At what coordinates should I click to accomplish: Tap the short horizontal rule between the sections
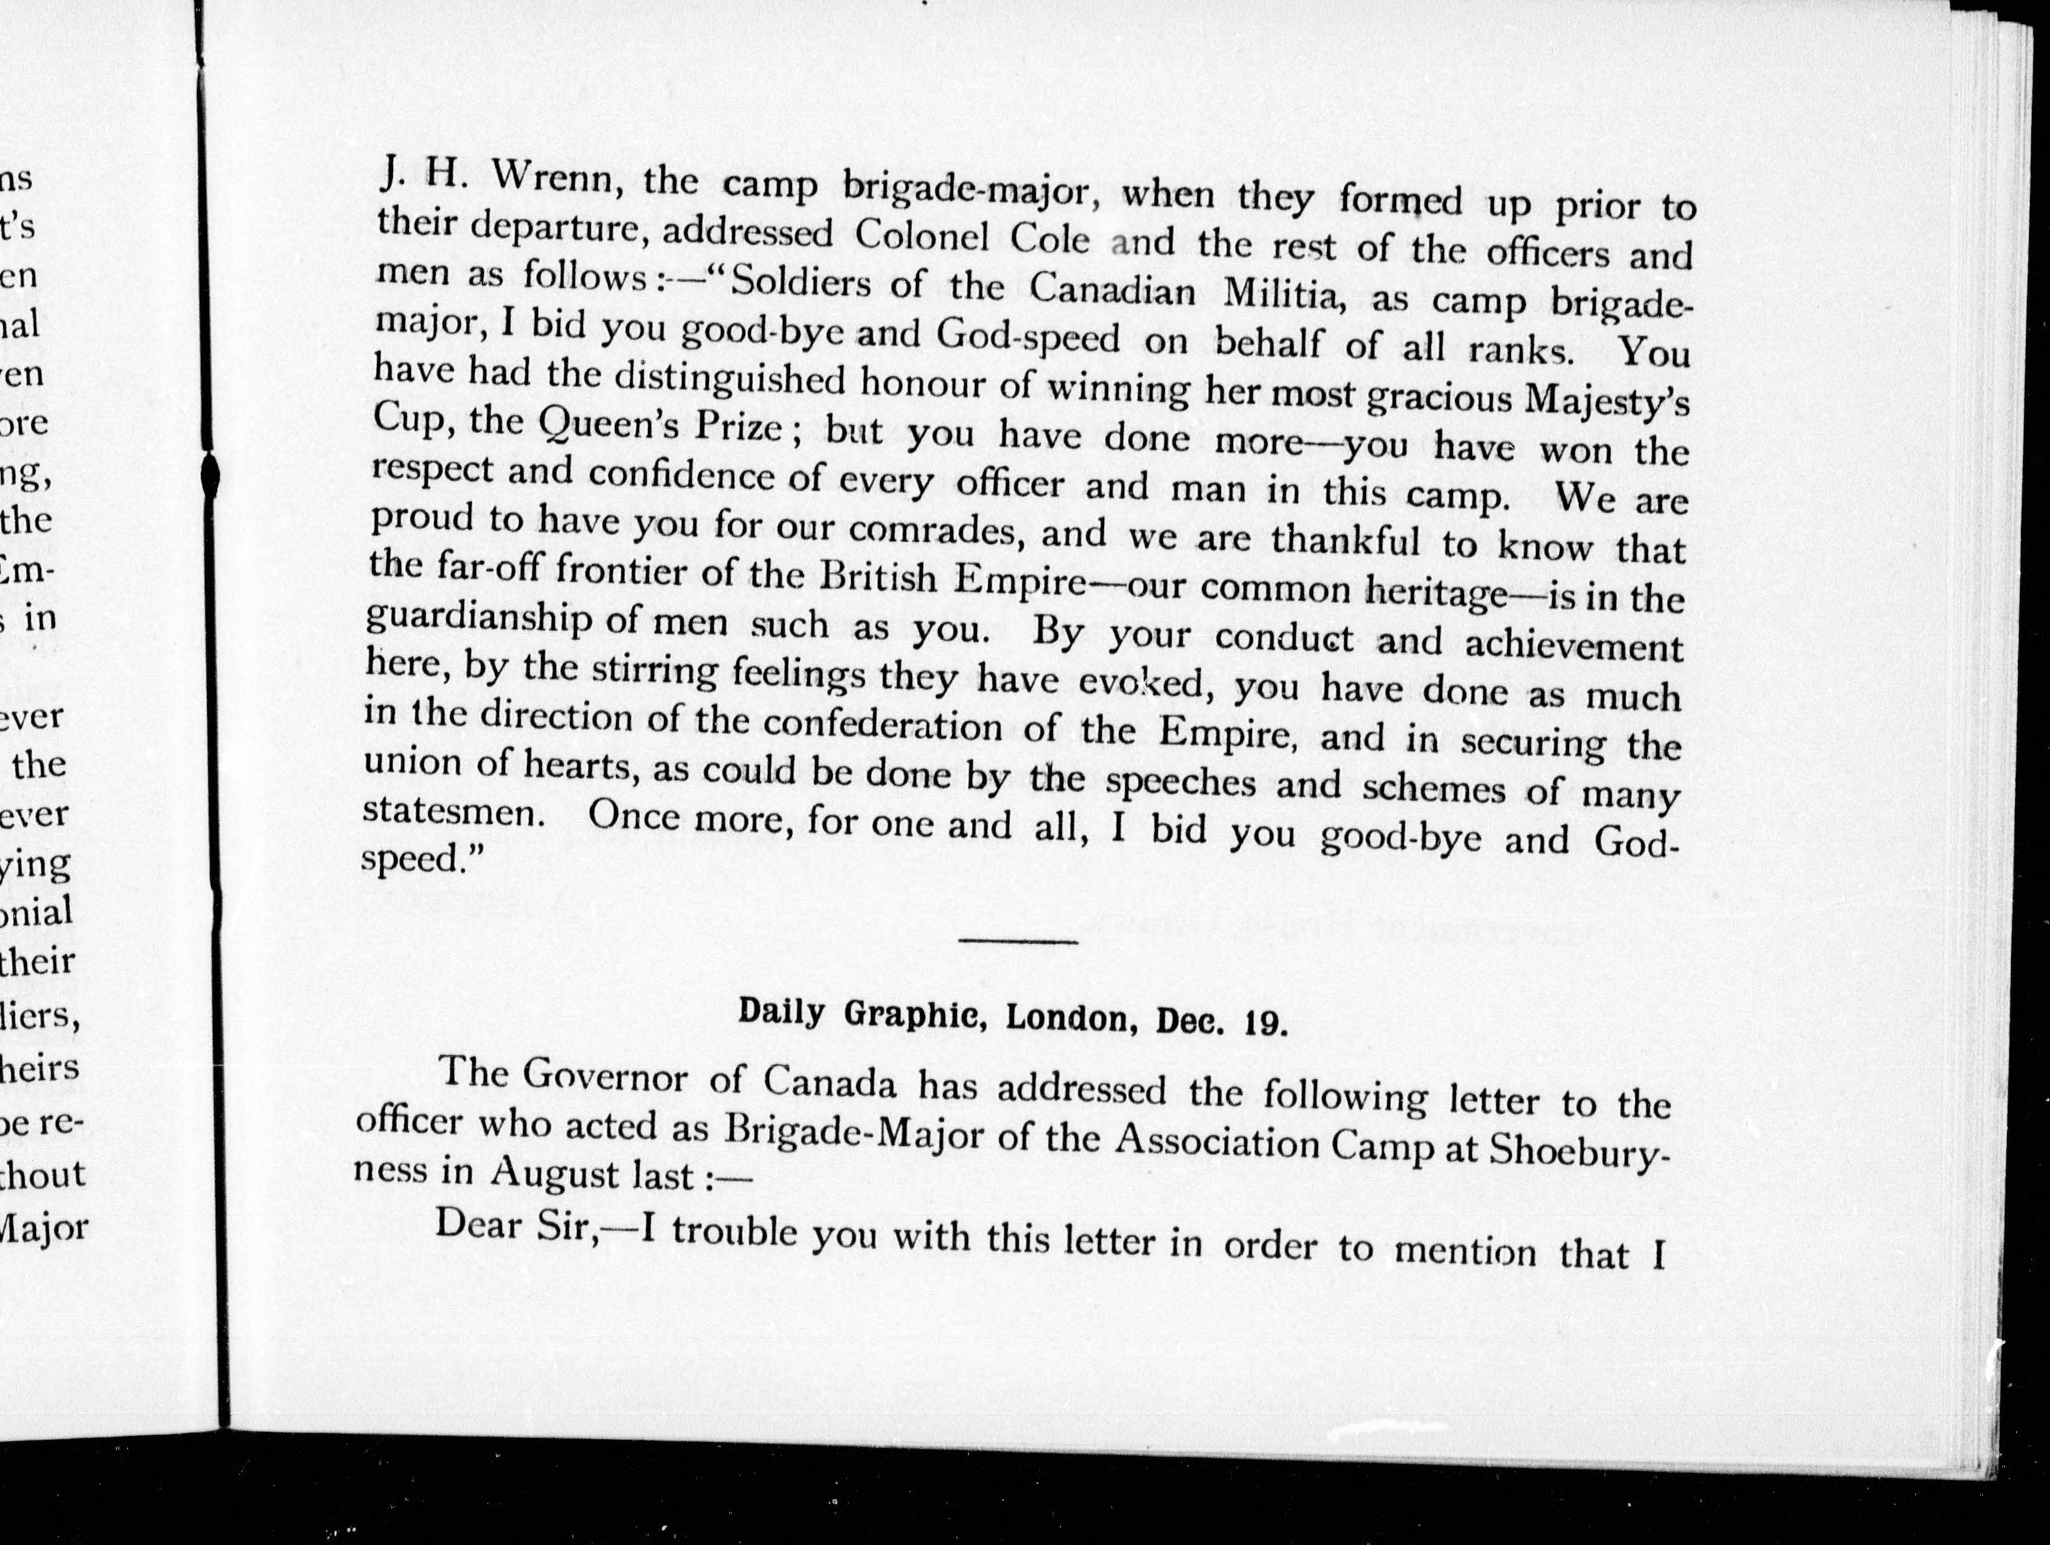[1018, 942]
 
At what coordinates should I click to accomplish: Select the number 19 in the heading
[1264, 1023]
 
